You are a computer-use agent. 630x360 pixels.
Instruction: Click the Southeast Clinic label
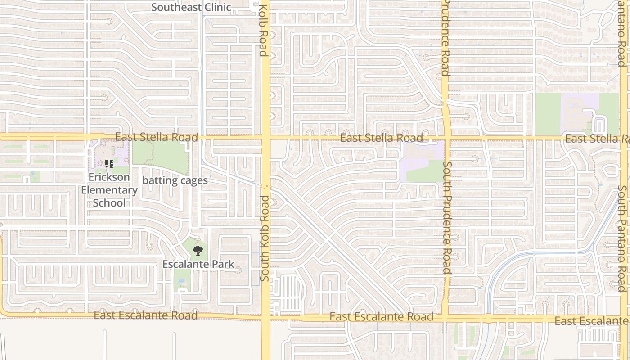click(191, 7)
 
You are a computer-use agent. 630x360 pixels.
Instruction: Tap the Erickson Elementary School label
click(109, 190)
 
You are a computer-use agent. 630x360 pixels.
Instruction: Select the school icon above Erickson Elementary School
click(109, 164)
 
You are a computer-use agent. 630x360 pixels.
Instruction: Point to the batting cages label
click(175, 180)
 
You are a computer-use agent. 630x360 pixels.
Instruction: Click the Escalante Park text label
click(198, 264)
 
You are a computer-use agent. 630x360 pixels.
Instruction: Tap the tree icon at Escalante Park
click(197, 251)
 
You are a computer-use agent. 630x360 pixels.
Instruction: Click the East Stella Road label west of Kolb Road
click(156, 137)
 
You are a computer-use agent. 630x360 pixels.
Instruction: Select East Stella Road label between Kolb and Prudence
click(381, 138)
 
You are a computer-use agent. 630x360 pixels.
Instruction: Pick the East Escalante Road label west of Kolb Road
click(145, 315)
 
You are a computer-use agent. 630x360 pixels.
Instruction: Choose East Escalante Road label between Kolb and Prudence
click(382, 317)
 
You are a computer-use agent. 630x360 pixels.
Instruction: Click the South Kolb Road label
click(265, 238)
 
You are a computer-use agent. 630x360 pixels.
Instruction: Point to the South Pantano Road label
click(622, 238)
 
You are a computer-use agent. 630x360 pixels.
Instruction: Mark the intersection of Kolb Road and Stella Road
click(265, 137)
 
